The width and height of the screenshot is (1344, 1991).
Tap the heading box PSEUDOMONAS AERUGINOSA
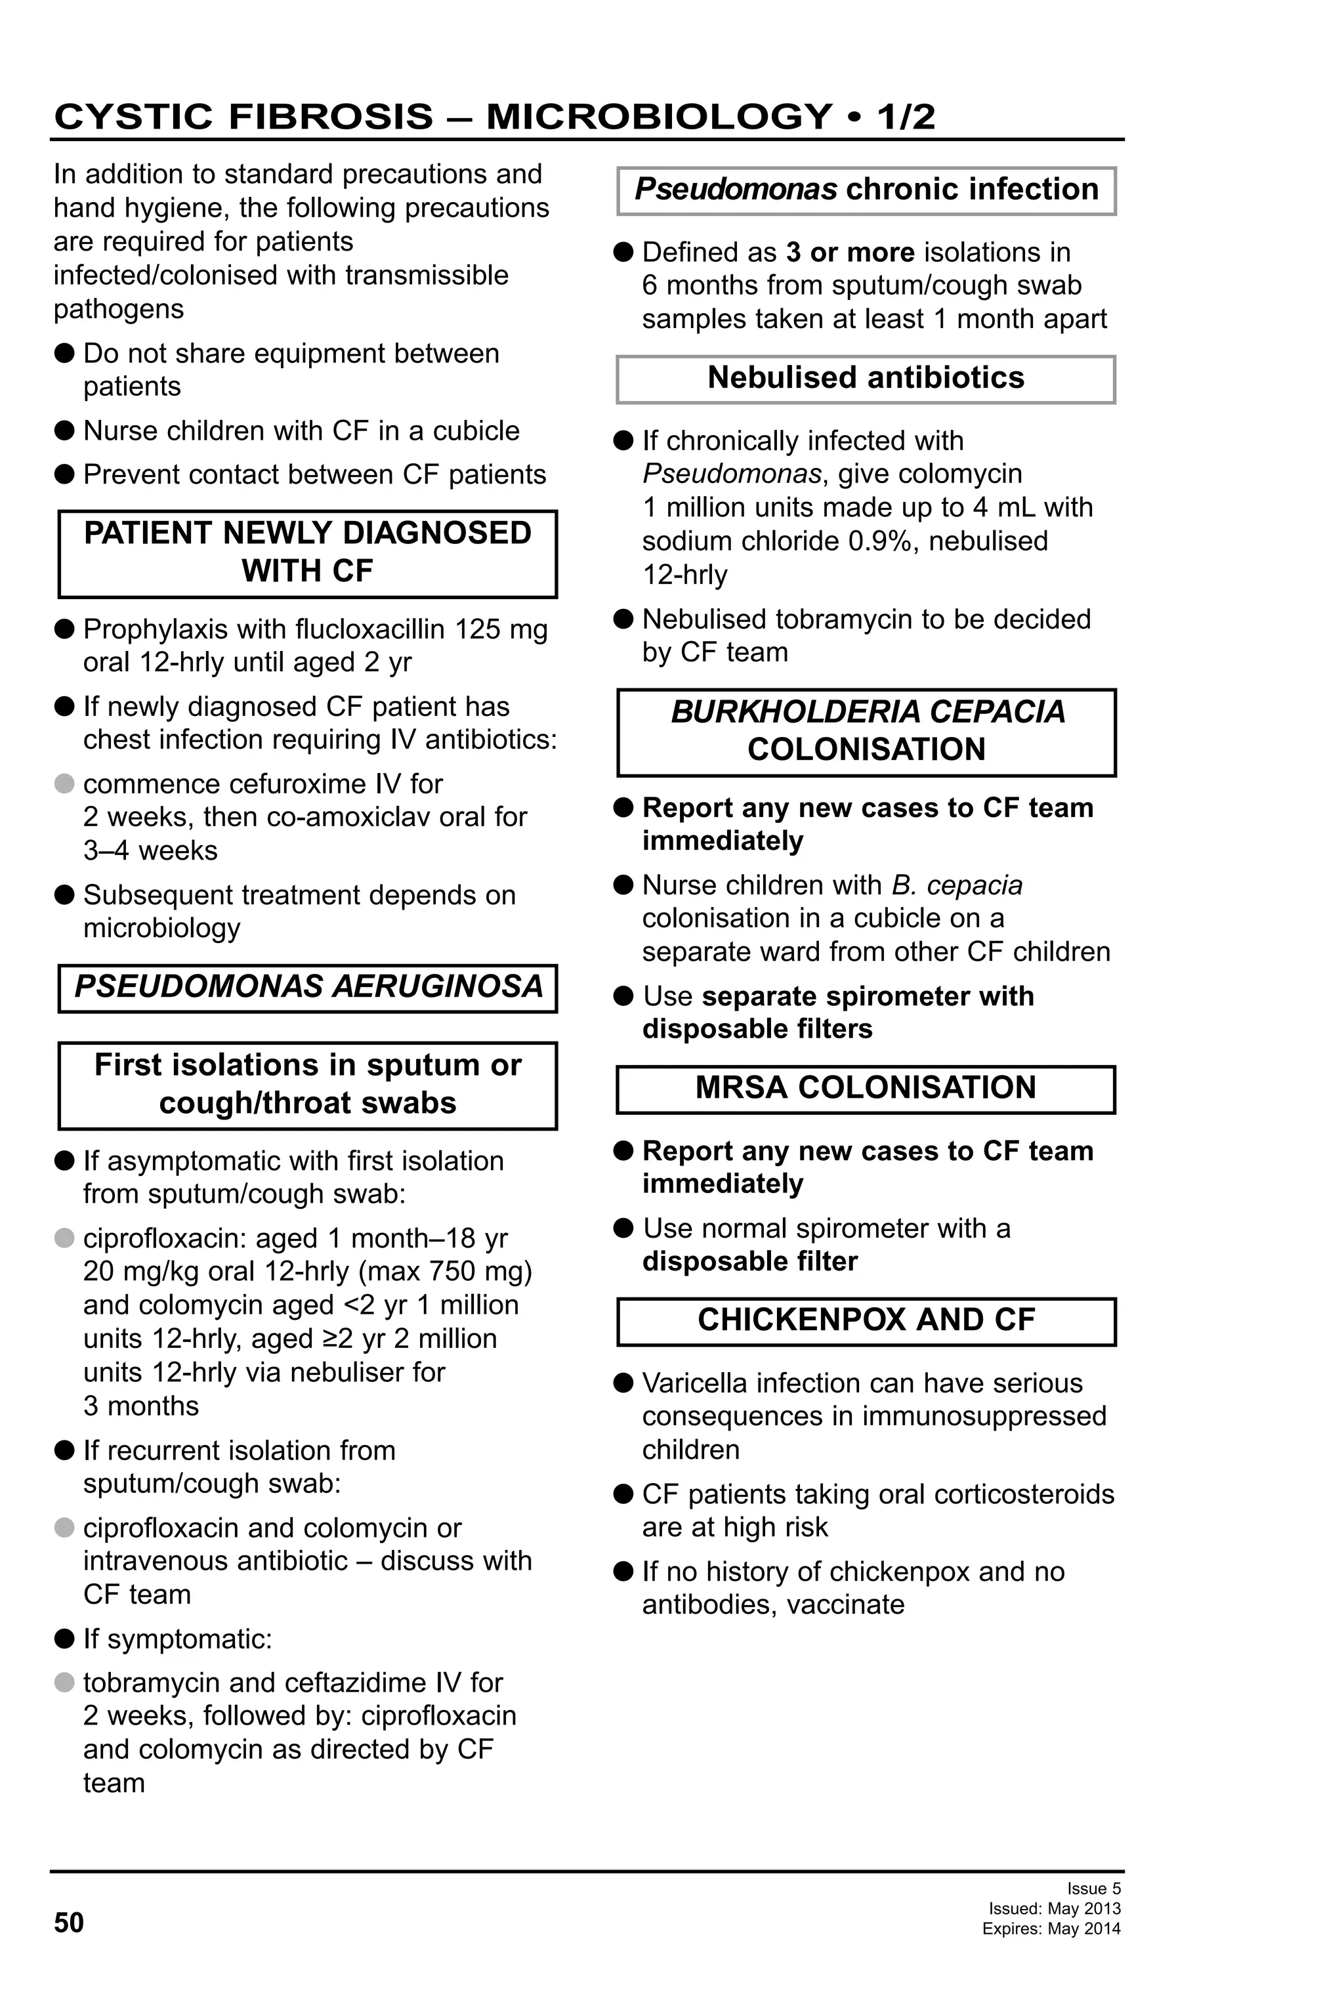point(308,987)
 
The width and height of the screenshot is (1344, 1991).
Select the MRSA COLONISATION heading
point(865,1087)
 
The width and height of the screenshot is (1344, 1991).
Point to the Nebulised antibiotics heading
point(865,378)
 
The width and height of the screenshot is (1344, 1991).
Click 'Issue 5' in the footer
point(1093,1888)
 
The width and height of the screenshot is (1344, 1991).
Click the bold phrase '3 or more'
point(850,253)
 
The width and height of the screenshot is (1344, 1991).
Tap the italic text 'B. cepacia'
point(957,885)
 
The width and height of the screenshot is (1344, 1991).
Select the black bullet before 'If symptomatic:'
point(64,1639)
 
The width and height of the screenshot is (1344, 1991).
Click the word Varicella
point(694,1383)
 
